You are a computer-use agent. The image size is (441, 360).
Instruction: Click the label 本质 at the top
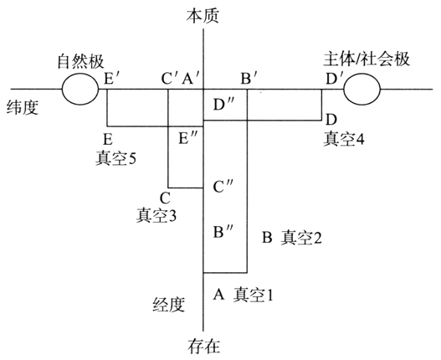(x=203, y=15)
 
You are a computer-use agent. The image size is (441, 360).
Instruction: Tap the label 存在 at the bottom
(x=203, y=347)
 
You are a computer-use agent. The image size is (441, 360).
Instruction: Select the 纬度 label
(x=23, y=107)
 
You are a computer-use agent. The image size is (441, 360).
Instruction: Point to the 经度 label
(x=169, y=304)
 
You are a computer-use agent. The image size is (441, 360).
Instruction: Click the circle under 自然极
(x=62, y=89)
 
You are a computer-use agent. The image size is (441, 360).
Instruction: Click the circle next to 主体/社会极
(x=344, y=89)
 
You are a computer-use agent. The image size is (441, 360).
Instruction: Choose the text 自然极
(x=80, y=61)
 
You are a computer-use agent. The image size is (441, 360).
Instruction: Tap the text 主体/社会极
(x=367, y=59)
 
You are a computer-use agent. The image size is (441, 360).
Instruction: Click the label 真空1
(x=253, y=295)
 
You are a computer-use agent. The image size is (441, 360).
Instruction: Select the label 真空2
(x=301, y=237)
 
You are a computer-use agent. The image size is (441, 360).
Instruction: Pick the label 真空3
(x=156, y=215)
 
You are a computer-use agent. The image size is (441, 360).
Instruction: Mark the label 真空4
(x=343, y=138)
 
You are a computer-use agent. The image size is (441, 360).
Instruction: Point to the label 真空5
(x=115, y=158)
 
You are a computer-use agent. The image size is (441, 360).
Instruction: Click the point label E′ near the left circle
(x=109, y=79)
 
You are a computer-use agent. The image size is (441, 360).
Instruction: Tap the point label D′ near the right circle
(x=332, y=79)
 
